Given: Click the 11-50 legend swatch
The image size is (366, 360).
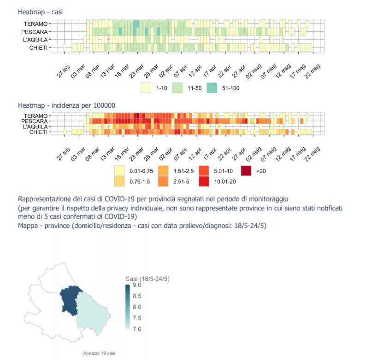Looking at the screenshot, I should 178,87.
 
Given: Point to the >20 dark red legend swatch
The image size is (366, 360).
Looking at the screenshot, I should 247,171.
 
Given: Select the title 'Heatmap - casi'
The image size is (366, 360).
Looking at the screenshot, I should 41,12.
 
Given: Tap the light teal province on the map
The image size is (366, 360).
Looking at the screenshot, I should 92,313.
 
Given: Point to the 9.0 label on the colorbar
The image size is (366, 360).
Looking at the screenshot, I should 137,285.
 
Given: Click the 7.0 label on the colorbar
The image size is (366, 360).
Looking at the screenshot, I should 137,329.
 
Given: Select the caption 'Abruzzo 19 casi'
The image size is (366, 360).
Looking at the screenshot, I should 99,353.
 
